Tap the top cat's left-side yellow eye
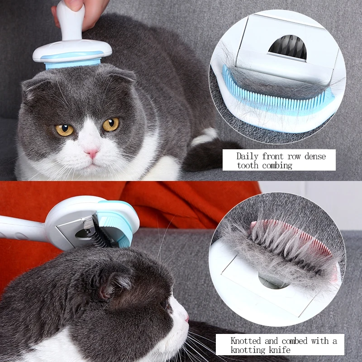(x=64, y=130)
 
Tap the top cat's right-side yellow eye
(x=111, y=124)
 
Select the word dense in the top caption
(x=315, y=157)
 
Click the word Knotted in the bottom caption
(x=246, y=341)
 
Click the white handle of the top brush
(x=70, y=21)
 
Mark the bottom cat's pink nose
(x=187, y=319)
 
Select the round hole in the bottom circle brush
(x=272, y=281)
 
